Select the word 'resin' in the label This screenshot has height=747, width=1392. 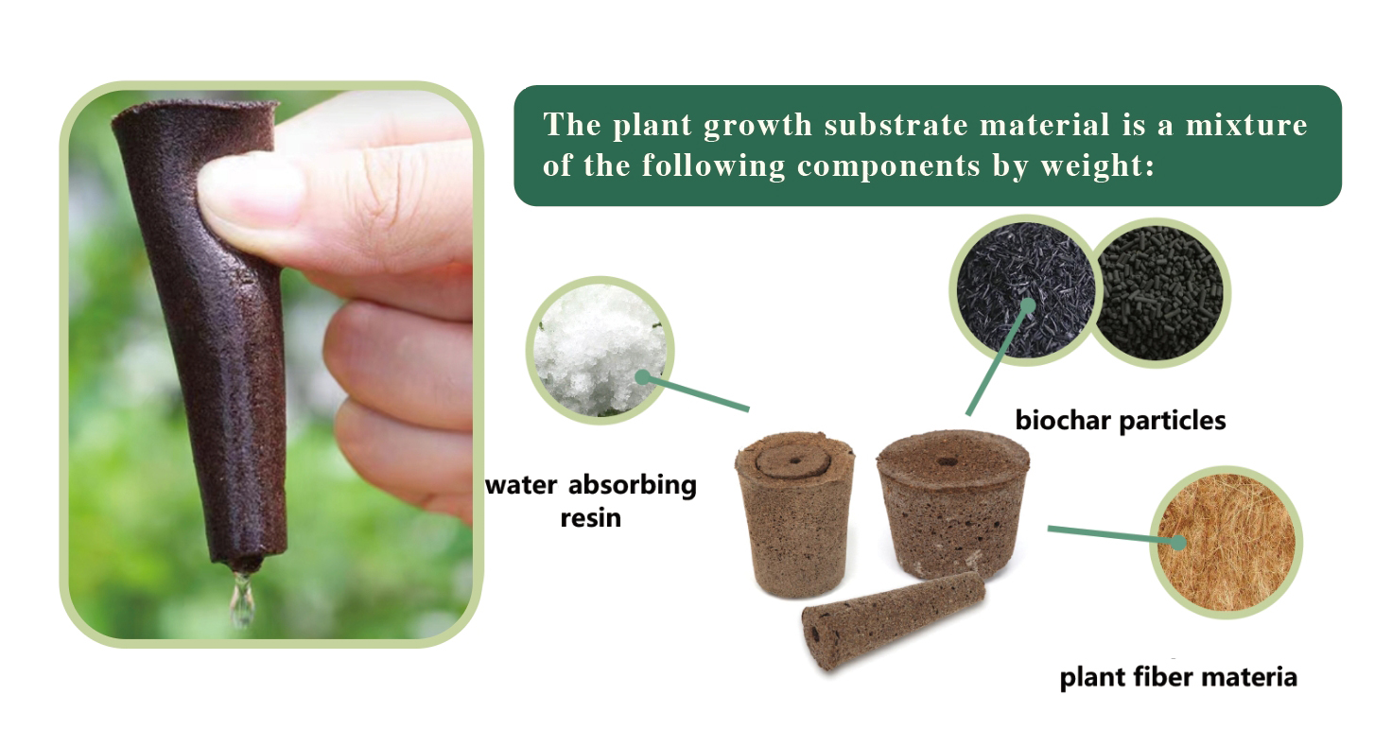[590, 518]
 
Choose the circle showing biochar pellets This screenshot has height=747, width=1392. [1161, 293]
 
